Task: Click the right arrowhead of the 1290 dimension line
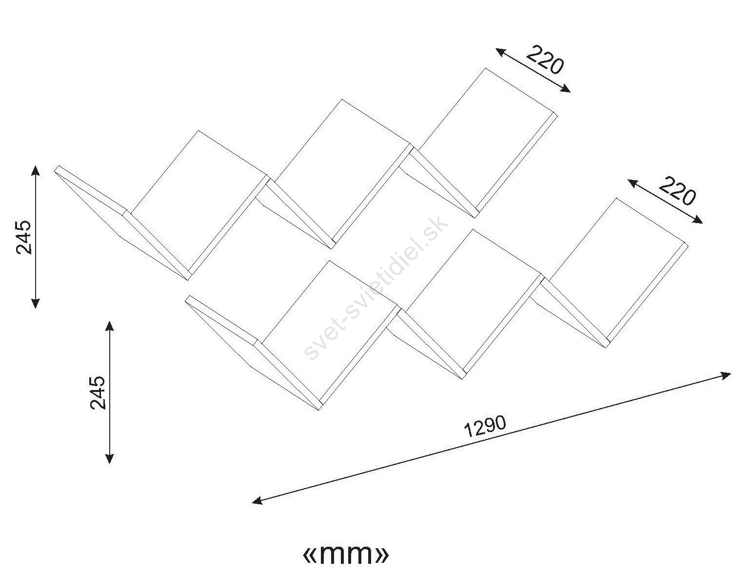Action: [725, 375]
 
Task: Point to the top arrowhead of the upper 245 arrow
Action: [35, 171]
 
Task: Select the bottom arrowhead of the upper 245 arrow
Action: [35, 302]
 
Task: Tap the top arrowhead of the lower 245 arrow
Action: [110, 326]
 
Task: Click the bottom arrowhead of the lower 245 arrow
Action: [110, 458]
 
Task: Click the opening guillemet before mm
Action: [311, 555]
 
